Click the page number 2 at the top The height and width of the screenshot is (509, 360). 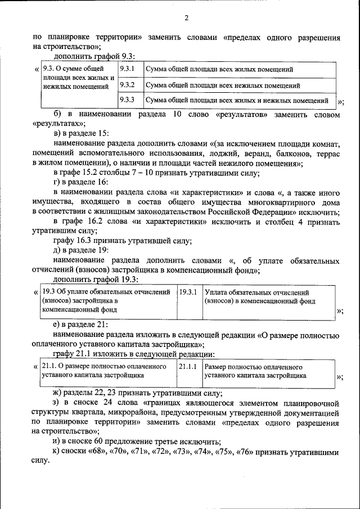tap(186, 19)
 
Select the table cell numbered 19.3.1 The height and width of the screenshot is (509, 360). tap(187, 292)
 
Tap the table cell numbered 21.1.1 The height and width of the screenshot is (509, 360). tap(187, 367)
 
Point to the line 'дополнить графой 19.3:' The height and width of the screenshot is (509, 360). tap(96, 280)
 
